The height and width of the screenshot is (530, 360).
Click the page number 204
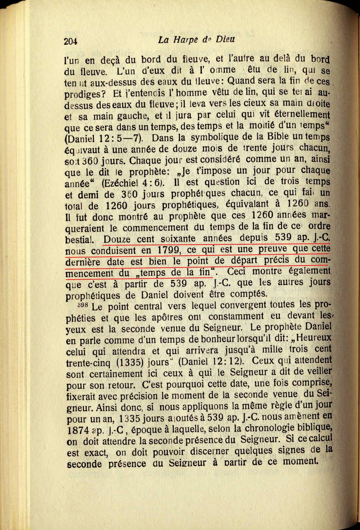pos(71,41)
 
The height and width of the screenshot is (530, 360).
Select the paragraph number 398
pos(82,305)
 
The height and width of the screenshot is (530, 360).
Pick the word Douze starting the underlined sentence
pos(117,240)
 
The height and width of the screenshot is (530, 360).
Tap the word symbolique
pos(214,137)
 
